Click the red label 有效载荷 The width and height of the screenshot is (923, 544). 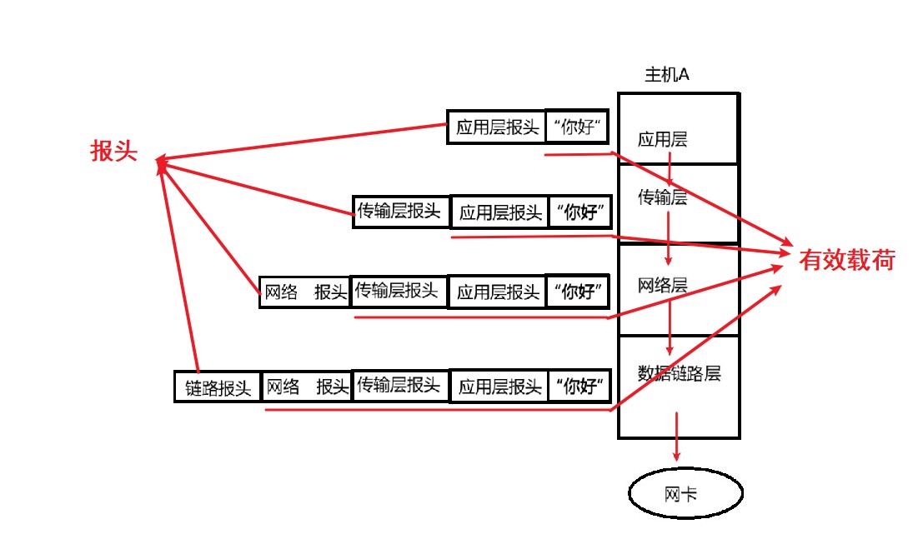point(846,261)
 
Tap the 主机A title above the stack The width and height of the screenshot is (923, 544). point(667,75)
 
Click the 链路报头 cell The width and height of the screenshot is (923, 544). point(218,388)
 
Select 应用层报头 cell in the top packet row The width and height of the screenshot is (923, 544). point(497,128)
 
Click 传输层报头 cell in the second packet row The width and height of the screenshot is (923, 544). point(401,212)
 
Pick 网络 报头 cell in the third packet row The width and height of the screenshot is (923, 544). point(305,292)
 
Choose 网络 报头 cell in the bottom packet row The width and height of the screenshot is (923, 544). point(306,387)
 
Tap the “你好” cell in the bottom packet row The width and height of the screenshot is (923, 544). point(579,387)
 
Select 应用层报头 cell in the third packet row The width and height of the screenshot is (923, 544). point(498,292)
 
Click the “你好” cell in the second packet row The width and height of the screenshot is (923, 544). point(579,212)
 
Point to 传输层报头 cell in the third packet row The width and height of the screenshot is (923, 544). point(399,291)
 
